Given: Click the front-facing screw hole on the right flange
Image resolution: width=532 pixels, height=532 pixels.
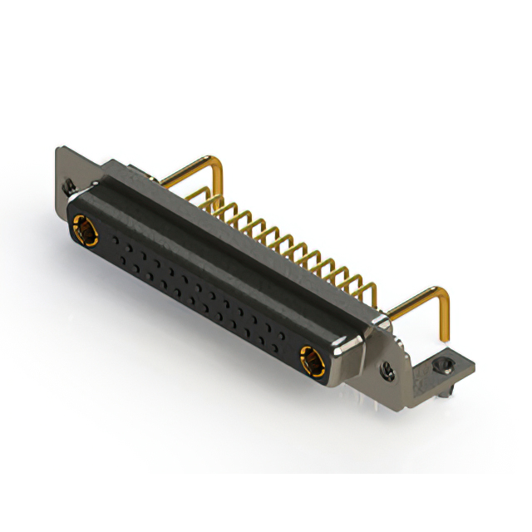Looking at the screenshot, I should click(x=387, y=365).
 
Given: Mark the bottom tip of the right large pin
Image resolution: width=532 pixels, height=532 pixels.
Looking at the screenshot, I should click(x=446, y=341).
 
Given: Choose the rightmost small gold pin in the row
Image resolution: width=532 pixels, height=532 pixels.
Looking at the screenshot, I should click(x=368, y=288).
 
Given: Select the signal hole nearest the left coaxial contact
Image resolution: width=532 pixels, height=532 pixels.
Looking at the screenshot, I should click(x=109, y=237).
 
